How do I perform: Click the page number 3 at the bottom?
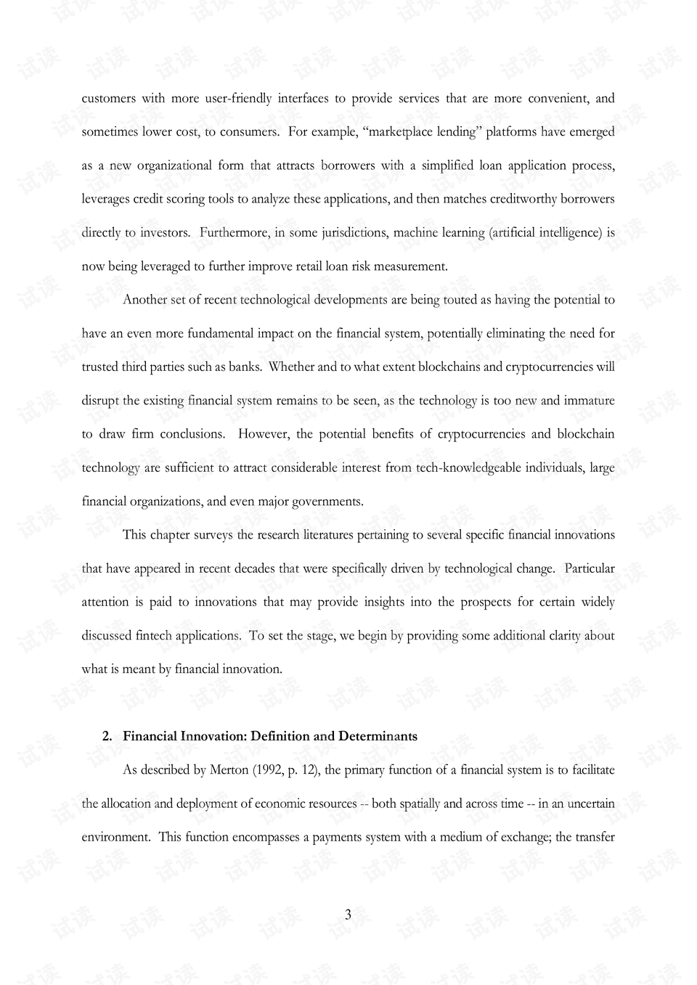[x=348, y=915]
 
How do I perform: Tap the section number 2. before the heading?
[x=107, y=736]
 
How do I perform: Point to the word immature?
[x=589, y=401]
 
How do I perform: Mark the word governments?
[x=326, y=502]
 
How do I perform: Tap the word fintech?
[x=154, y=636]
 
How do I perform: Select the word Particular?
[x=589, y=568]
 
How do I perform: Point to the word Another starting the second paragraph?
[x=146, y=300]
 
